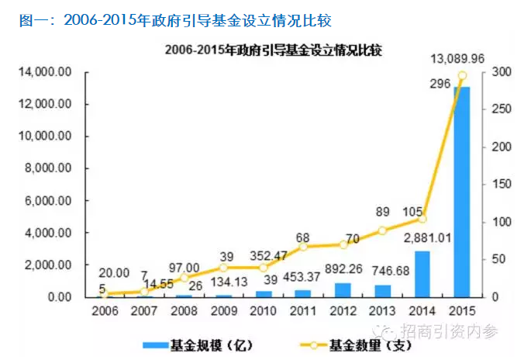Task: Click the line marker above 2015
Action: click(462, 75)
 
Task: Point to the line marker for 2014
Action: click(422, 219)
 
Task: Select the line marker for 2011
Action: click(303, 247)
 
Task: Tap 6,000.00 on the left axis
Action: click(48, 201)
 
